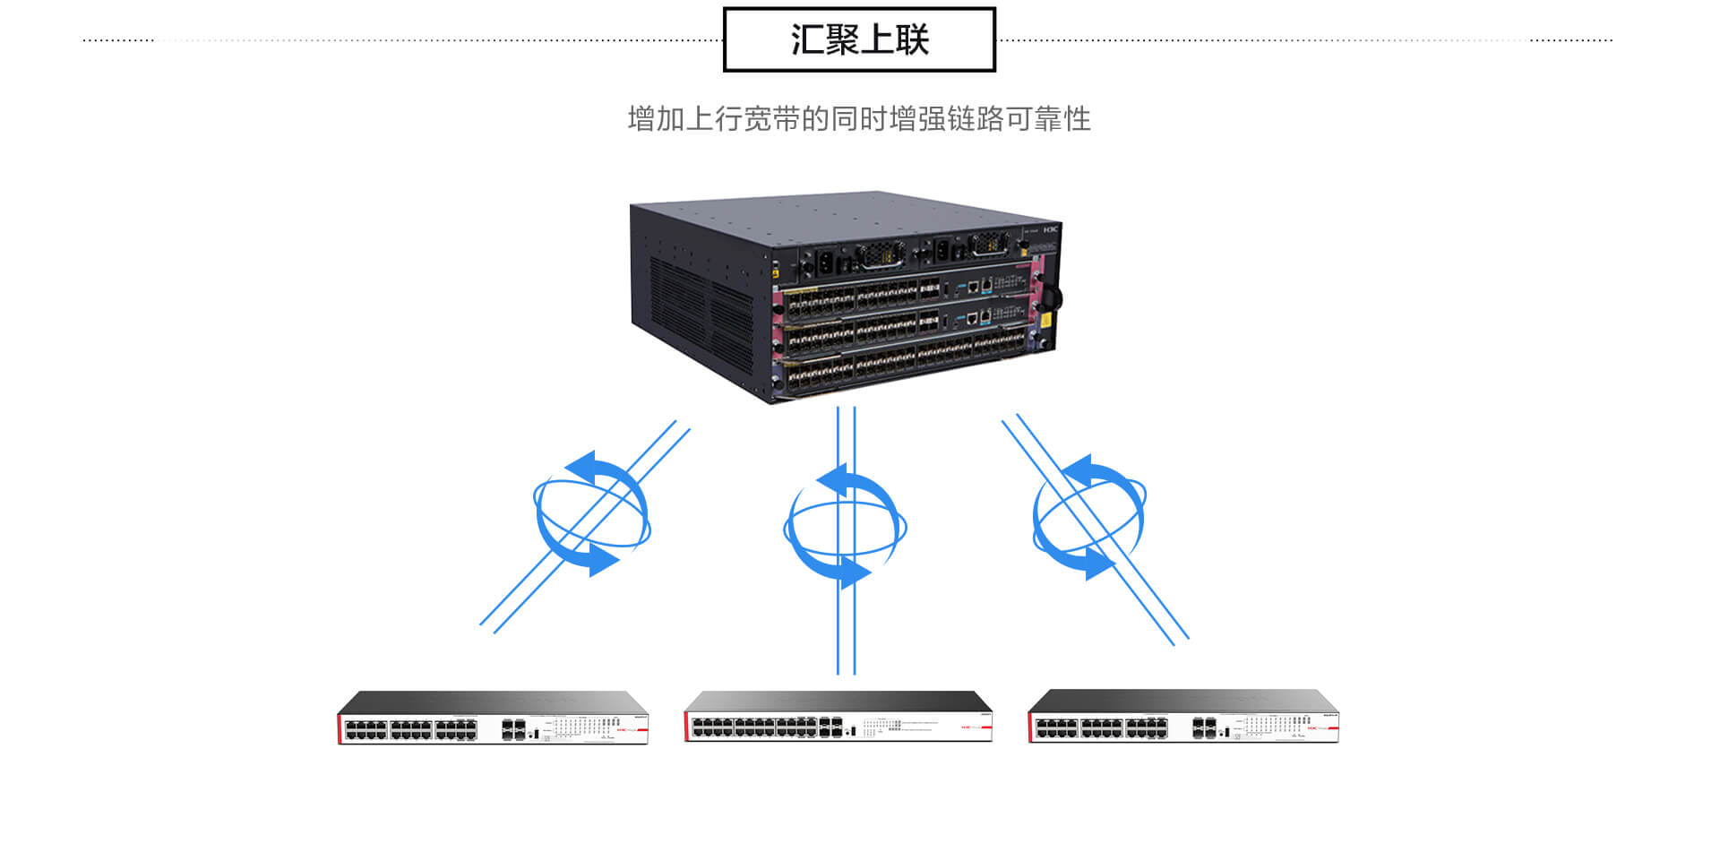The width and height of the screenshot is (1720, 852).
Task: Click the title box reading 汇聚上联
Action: [859, 39]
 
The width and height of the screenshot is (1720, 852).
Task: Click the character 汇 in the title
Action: [806, 39]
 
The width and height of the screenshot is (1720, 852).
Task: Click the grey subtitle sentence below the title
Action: [859, 118]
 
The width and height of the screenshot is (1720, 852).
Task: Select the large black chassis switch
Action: [846, 297]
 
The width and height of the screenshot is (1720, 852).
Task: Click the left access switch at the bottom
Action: [493, 718]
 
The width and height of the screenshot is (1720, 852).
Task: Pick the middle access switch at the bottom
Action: [838, 716]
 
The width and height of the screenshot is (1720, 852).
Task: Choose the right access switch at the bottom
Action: [1182, 717]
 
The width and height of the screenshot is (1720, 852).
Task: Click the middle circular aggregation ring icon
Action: [845, 527]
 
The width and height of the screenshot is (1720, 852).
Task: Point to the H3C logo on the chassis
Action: [1051, 229]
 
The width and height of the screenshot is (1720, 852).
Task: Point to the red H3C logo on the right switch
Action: [1315, 728]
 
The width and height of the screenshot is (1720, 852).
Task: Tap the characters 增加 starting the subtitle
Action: [656, 118]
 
